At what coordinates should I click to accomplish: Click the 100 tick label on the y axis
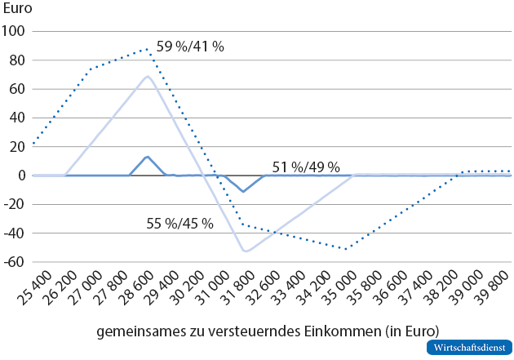pos(15,31)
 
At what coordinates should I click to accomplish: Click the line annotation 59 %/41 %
pos(190,47)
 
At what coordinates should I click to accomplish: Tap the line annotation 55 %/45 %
pos(179,223)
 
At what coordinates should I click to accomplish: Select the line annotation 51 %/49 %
pos(306,167)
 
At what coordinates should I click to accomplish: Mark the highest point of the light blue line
pos(148,76)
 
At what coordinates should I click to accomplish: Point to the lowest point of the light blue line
pos(246,251)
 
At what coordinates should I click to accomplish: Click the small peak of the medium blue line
pos(147,156)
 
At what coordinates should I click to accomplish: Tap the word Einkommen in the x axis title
pos(365,331)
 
